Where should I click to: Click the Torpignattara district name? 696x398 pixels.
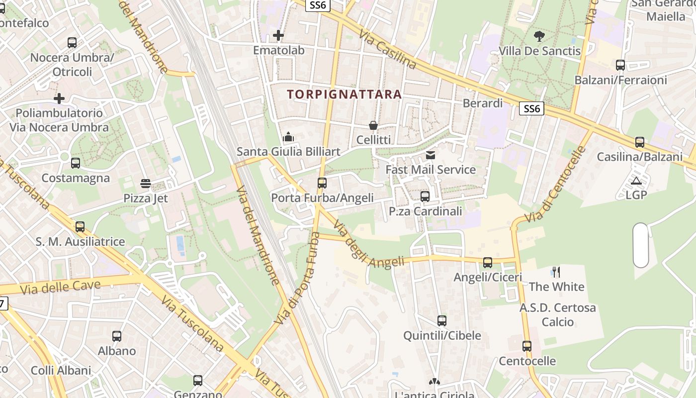(344, 94)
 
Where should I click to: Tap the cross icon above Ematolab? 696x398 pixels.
(278, 35)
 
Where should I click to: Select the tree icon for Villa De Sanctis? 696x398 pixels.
(539, 36)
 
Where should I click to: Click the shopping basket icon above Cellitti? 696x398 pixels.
(373, 125)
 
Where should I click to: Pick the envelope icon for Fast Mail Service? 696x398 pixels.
(431, 155)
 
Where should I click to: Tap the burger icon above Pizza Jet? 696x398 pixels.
(146, 184)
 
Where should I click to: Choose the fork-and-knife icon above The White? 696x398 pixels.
(556, 272)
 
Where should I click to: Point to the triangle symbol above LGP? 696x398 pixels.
(636, 181)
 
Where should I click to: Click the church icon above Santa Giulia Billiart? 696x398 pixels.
(288, 137)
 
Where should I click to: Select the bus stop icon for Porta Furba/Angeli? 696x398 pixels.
(322, 183)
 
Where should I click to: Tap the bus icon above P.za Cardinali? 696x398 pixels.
(425, 197)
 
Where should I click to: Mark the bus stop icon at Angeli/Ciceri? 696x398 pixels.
(488, 263)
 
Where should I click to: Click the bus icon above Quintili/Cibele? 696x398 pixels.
(442, 321)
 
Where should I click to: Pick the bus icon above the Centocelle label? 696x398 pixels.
(527, 346)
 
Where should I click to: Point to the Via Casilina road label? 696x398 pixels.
(388, 48)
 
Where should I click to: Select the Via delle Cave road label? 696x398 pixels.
(61, 287)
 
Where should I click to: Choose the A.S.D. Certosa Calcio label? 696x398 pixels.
(558, 314)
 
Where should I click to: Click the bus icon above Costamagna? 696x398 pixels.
(76, 163)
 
